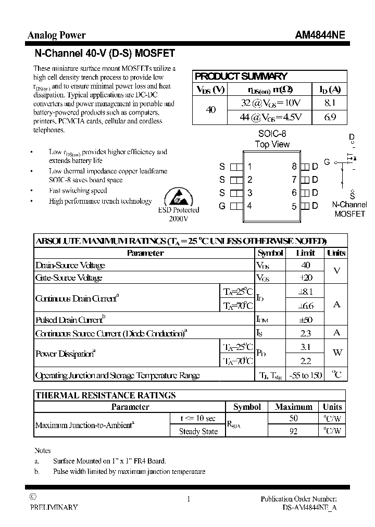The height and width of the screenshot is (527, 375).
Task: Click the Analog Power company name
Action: tap(56, 35)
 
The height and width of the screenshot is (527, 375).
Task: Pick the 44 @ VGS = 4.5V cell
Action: tap(271, 117)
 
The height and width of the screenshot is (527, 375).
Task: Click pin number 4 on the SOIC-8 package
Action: tap(249, 206)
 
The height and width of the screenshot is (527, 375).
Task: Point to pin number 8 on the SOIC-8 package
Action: tap(294, 167)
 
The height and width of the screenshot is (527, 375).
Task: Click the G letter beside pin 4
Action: tap(222, 206)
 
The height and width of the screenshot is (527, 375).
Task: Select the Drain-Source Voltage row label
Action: tap(70, 266)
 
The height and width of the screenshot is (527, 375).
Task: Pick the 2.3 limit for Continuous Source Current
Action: tap(306, 333)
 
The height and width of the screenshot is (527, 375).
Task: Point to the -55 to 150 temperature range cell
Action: tap(306, 375)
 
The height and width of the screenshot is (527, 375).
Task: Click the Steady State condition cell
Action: tap(198, 431)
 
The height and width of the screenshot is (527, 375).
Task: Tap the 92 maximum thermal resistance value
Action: tap(293, 431)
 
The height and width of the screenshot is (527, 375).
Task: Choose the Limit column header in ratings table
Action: tap(306, 253)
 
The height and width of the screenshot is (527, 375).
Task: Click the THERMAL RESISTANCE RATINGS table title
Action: tap(106, 395)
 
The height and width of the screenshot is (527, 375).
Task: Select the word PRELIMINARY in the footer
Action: tap(54, 507)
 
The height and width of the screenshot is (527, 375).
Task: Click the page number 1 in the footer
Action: tap(188, 499)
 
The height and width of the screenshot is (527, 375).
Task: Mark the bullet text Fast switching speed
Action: tap(78, 191)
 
